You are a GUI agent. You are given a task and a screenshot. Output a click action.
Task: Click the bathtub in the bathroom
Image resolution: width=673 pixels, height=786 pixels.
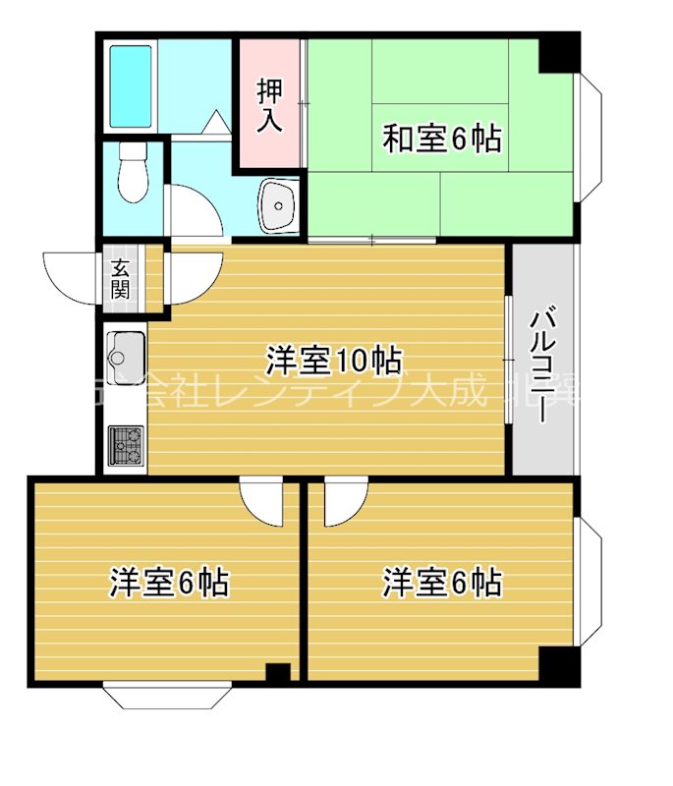131,85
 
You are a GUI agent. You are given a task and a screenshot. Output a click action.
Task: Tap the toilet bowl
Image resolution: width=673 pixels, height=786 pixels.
131,175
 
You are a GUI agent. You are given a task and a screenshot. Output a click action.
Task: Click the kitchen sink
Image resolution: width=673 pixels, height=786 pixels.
126,349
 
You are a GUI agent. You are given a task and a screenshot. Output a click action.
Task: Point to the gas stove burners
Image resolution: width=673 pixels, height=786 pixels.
126,444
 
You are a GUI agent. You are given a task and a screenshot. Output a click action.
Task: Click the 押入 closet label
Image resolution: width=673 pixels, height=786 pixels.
270,105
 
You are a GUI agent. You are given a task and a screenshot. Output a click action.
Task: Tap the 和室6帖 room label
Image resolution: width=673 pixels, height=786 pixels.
441,140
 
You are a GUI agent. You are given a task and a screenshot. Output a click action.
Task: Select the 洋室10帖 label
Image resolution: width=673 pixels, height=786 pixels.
334,361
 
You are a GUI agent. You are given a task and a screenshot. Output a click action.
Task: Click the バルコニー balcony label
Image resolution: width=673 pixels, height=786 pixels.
541,365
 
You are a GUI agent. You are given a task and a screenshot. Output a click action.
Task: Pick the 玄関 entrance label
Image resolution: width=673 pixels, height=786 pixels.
121,277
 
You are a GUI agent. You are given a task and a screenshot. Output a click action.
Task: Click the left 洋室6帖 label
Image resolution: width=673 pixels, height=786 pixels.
169,583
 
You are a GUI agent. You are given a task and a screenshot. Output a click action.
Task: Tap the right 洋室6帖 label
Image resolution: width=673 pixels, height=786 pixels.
442,583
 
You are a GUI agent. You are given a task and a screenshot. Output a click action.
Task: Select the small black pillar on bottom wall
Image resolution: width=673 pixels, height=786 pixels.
278,674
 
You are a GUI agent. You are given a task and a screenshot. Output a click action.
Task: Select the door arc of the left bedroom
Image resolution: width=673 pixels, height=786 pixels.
262,501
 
